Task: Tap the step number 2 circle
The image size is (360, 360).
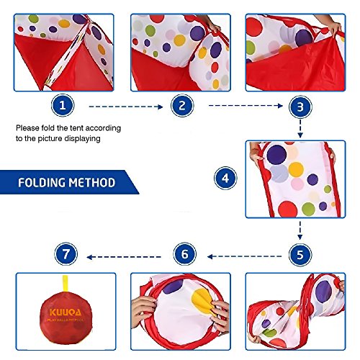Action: pyautogui.click(x=182, y=106)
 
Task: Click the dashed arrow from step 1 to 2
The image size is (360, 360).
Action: pyautogui.click(x=122, y=106)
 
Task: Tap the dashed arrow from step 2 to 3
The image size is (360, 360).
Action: pyautogui.click(x=240, y=106)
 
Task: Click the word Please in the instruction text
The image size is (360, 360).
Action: pyautogui.click(x=30, y=128)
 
